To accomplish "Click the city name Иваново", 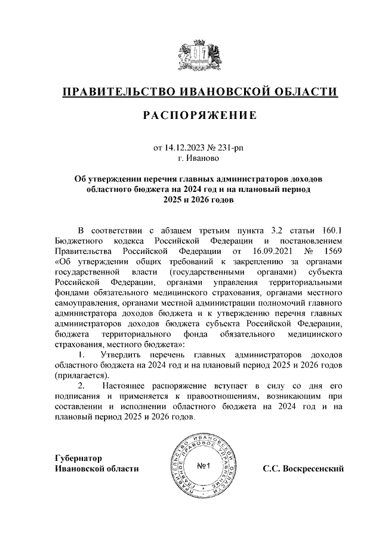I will click(x=204, y=158).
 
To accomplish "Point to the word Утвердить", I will click(x=123, y=355).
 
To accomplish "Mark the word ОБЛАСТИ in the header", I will click(x=304, y=92).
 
